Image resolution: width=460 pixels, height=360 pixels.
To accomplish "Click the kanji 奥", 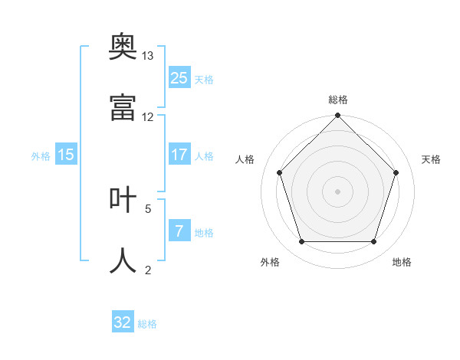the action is pyautogui.click(x=123, y=46).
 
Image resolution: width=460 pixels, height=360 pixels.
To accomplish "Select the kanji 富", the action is pyautogui.click(x=123, y=107).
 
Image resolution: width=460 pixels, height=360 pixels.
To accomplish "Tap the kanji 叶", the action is pyautogui.click(x=123, y=199).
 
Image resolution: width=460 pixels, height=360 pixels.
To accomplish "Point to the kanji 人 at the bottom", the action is pyautogui.click(x=123, y=260).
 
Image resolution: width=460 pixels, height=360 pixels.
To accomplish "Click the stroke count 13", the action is pyautogui.click(x=147, y=56).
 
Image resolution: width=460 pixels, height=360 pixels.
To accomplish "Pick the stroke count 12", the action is pyautogui.click(x=147, y=117).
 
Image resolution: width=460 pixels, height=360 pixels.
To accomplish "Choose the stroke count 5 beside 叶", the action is pyautogui.click(x=148, y=209).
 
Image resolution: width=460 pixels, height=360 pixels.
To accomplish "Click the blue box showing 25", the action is pyautogui.click(x=179, y=77).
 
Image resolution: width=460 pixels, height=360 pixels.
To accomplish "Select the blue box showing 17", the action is pyautogui.click(x=179, y=154).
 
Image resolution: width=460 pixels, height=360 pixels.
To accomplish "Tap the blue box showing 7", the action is pyautogui.click(x=179, y=230).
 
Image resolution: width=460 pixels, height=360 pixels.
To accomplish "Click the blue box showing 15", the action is pyautogui.click(x=66, y=154).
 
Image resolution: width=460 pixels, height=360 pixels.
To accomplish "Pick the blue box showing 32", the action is pyautogui.click(x=123, y=321).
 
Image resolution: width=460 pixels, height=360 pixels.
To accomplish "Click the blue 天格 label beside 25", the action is pyautogui.click(x=204, y=80).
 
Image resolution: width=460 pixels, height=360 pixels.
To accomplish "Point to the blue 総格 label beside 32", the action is pyautogui.click(x=147, y=324).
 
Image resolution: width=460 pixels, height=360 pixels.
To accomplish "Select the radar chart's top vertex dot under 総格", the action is pyautogui.click(x=337, y=115).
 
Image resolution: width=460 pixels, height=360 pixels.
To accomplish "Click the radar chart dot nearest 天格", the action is pyautogui.click(x=396, y=172).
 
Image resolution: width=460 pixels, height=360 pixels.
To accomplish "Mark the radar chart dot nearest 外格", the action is pyautogui.click(x=302, y=241).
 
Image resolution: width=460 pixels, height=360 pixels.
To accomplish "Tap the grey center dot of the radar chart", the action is pyautogui.click(x=337, y=191).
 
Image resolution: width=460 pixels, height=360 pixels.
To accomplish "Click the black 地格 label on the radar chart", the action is pyautogui.click(x=402, y=262).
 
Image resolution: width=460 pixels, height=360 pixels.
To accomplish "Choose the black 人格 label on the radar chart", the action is pyautogui.click(x=245, y=159).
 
